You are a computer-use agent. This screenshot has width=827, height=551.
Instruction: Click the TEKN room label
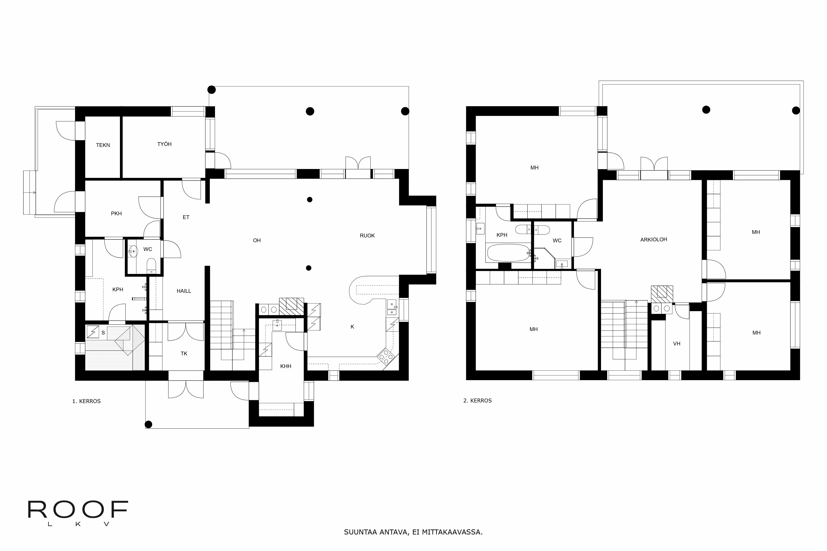tap(103, 145)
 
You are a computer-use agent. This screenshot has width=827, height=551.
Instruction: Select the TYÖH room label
tap(164, 144)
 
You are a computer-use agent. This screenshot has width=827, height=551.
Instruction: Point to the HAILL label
tap(184, 291)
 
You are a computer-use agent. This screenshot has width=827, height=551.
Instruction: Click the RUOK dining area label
tap(367, 236)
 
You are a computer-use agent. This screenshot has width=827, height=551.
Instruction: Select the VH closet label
tap(676, 344)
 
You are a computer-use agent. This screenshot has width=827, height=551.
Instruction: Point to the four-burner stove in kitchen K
tap(386, 356)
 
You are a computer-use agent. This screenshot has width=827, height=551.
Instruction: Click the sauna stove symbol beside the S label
tap(93, 332)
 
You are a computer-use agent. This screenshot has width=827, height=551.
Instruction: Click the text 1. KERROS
tap(86, 401)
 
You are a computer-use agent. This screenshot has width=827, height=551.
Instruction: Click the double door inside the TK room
tap(186, 332)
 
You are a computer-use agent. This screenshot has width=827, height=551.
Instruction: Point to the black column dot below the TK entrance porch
tap(148, 425)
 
